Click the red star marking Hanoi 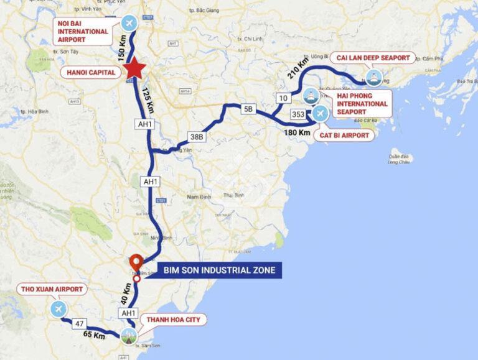(x=134, y=70)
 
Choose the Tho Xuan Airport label (x=52, y=289)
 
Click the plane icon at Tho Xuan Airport (x=59, y=309)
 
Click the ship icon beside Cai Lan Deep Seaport (x=373, y=78)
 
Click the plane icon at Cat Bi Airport (x=320, y=114)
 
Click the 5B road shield (x=248, y=109)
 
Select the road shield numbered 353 (x=298, y=114)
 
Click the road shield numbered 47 (x=78, y=323)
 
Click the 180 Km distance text (x=296, y=132)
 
